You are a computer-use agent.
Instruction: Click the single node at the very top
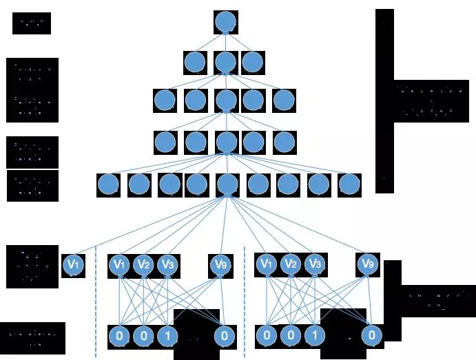point(225,22)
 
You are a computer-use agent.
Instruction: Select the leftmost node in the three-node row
point(195,63)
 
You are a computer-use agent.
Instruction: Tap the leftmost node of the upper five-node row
point(165,100)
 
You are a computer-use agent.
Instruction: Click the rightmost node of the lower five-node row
point(284,142)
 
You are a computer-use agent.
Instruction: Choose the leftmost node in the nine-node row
point(108,184)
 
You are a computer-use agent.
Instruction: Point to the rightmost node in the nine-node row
point(349,184)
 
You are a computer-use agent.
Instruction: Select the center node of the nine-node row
point(227,184)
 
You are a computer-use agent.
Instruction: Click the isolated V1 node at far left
point(73,264)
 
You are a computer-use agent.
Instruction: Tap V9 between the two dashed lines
point(220,264)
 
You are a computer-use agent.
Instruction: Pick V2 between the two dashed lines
point(143,264)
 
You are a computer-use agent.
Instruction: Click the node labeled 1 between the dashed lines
point(166,337)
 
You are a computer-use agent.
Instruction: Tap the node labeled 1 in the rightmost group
point(314,337)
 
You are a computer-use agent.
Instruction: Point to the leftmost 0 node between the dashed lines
point(119,337)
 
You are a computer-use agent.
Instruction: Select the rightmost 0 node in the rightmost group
point(371,337)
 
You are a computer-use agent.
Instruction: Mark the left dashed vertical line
point(95,303)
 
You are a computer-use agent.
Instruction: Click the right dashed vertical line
point(245,303)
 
